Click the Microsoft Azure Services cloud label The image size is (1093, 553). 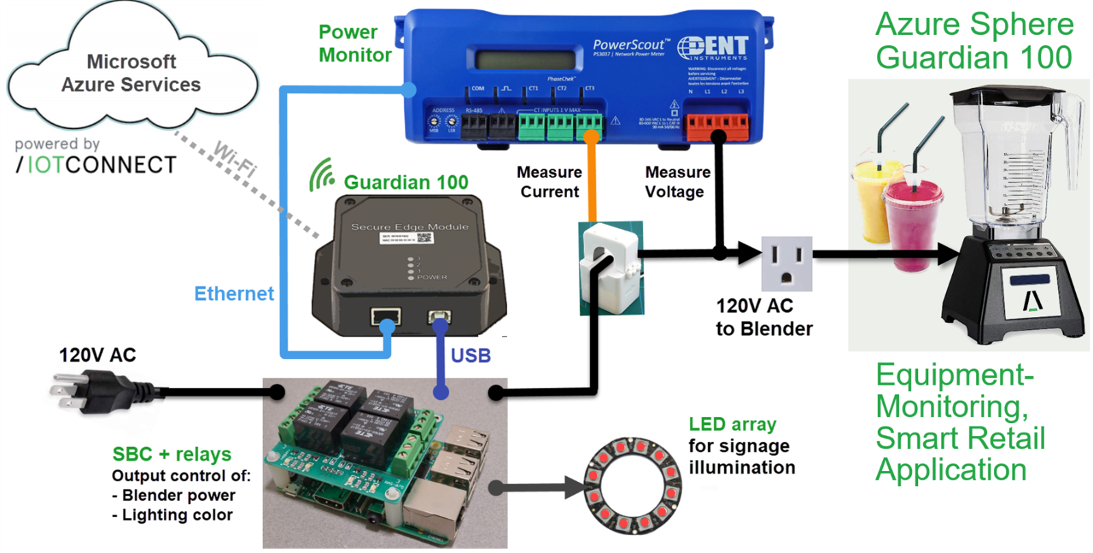[x=131, y=73]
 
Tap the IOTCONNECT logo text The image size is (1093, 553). [x=96, y=165]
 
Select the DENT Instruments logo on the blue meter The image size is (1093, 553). [x=713, y=48]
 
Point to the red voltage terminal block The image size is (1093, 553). [x=717, y=125]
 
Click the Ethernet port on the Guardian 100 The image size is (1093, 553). [x=386, y=317]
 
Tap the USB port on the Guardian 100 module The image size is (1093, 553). [x=439, y=317]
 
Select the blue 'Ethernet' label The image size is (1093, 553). [x=234, y=294]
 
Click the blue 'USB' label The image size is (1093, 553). [x=471, y=355]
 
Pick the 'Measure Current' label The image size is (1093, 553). [x=549, y=182]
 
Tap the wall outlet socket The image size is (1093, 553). [x=787, y=263]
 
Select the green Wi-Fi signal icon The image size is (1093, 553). [x=321, y=176]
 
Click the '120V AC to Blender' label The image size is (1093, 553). [x=763, y=317]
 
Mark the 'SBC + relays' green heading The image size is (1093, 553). [x=172, y=454]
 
